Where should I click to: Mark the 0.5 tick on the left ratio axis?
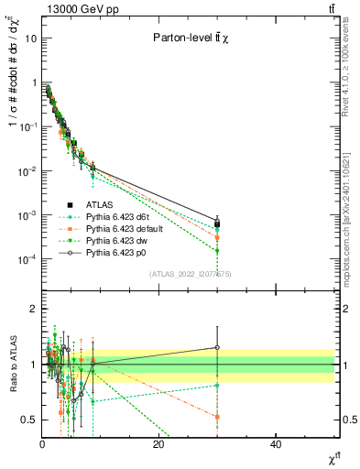(29, 420)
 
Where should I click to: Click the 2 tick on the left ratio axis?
(34, 309)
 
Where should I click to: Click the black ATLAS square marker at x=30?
(217, 224)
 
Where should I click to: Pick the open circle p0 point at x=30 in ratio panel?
(217, 347)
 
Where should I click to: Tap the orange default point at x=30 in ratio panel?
(217, 417)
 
